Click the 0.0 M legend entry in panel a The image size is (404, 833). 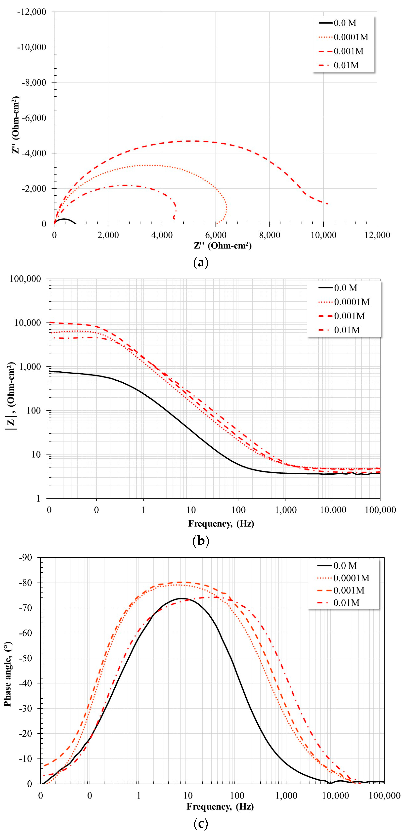345,23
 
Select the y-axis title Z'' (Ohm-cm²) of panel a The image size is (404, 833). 16,124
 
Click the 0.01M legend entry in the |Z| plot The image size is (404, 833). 347,330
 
